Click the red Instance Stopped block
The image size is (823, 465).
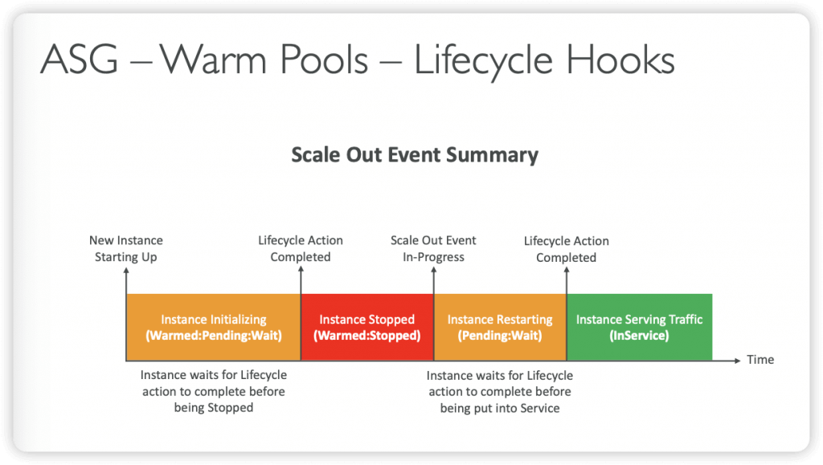tap(367, 327)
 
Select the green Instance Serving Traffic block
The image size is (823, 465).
tap(639, 327)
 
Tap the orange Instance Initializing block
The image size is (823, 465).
tap(214, 327)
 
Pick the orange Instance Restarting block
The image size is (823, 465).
tap(500, 327)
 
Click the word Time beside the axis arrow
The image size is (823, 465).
tap(760, 360)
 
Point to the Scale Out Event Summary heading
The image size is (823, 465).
tap(415, 155)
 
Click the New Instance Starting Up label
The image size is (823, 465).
tap(126, 248)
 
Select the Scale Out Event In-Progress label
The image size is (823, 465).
tap(433, 248)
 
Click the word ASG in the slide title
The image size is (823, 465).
tap(80, 59)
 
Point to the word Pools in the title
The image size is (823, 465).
tap(324, 59)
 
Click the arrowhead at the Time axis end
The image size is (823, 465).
tap(737, 360)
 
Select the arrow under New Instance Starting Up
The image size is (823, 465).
tap(126, 314)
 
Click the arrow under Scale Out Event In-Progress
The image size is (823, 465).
tap(434, 314)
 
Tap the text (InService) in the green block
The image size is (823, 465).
tap(639, 336)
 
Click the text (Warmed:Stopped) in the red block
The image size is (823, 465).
tap(366, 336)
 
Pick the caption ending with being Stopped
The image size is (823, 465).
tap(214, 391)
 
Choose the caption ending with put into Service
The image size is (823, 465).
tap(500, 392)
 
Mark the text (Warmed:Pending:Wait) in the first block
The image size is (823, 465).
tap(214, 336)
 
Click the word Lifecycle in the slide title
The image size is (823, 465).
tap(483, 60)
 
